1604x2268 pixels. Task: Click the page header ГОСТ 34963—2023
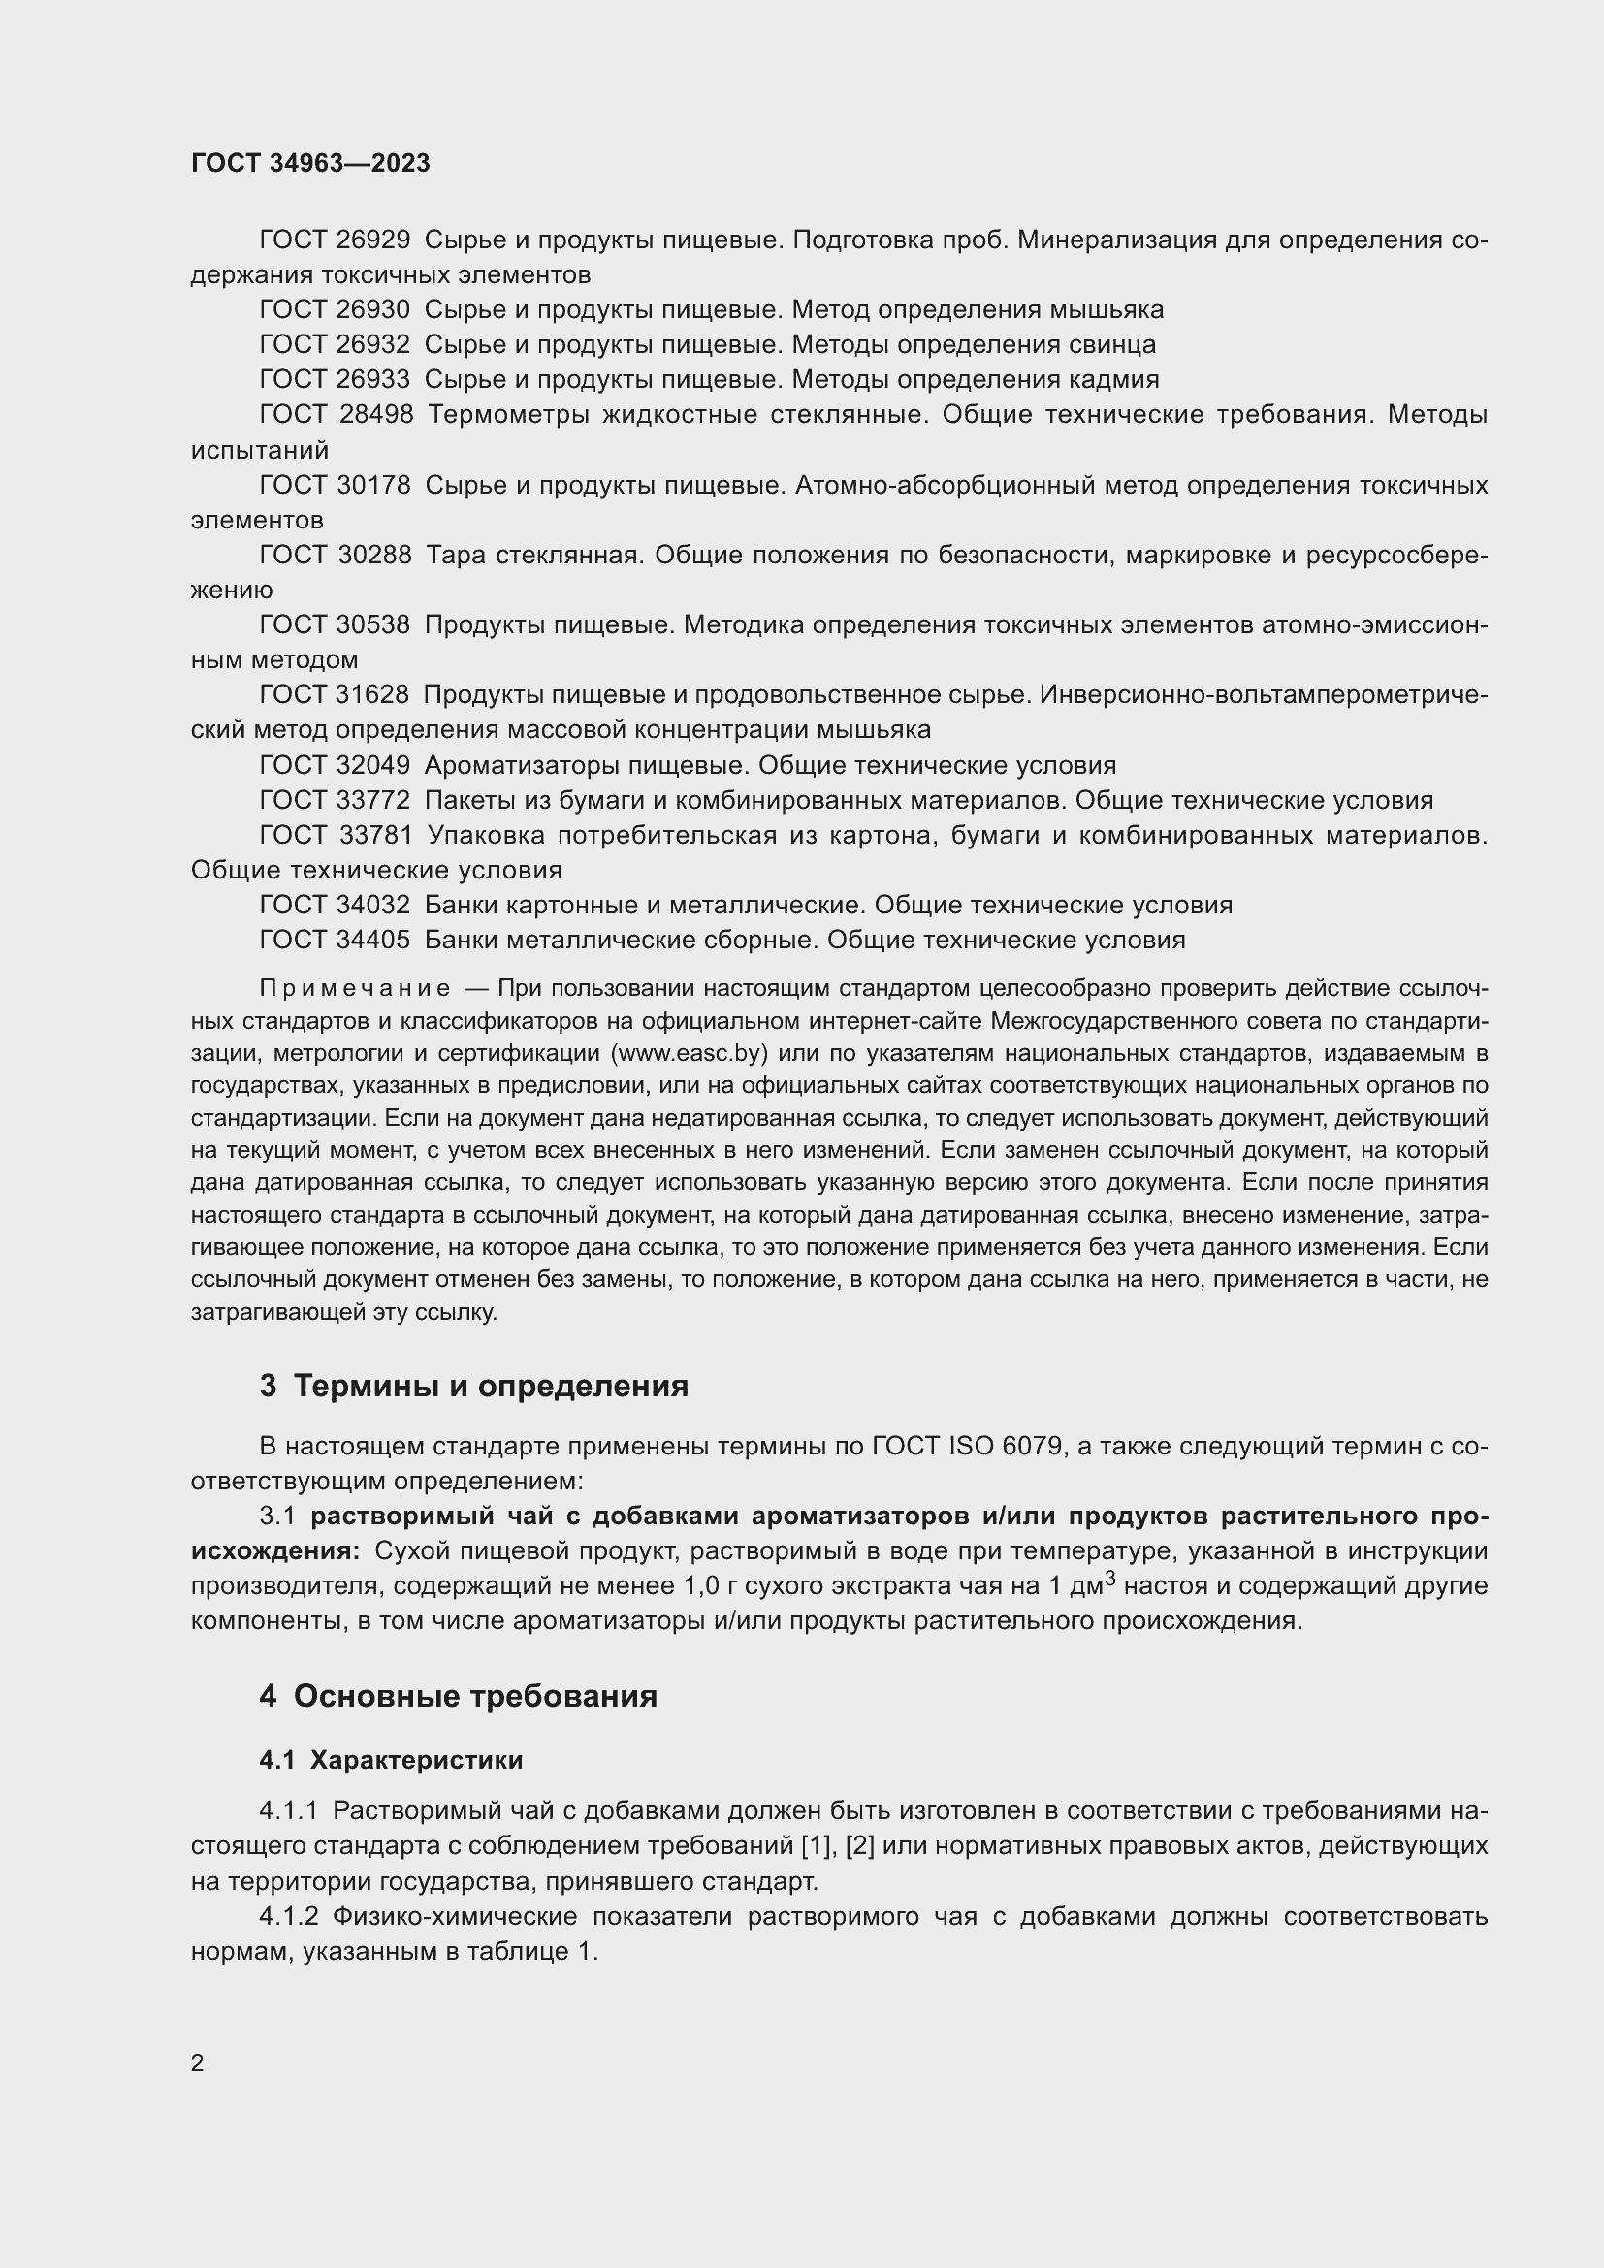click(x=310, y=163)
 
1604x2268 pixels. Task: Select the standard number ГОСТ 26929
click(x=334, y=240)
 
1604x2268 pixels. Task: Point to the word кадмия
click(x=1115, y=379)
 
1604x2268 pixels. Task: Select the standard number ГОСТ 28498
click(x=336, y=415)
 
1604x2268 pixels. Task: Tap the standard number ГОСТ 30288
click(x=335, y=556)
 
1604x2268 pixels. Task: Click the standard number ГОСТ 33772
click(x=334, y=800)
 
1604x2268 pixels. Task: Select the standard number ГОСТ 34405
click(x=334, y=940)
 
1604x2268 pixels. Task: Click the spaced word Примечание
click(x=355, y=990)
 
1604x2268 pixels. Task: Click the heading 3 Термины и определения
click(x=474, y=1386)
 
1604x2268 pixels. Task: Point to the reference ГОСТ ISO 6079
click(x=967, y=1447)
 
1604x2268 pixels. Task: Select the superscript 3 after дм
click(x=1110, y=1579)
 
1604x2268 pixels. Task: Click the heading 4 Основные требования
click(x=459, y=1696)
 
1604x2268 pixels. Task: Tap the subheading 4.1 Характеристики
click(x=391, y=1760)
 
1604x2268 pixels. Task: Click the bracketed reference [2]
click(x=860, y=1845)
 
